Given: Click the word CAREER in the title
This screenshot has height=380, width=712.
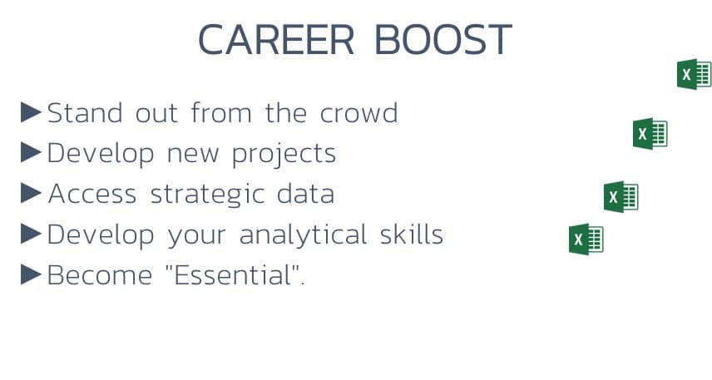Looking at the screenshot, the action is pos(276,40).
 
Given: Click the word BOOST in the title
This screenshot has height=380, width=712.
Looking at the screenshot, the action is pos(443,40).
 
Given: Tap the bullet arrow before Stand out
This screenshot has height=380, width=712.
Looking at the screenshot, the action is pos(31,112).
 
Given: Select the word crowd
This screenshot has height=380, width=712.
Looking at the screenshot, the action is pos(358,112).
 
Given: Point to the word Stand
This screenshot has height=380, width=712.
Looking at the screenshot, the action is pos(85,112).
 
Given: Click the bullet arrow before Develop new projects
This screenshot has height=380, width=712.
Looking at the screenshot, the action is pos(31,152).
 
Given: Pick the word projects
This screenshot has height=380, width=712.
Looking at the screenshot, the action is pos(284,155).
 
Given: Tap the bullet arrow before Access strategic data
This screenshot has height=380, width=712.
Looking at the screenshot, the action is pos(31,193).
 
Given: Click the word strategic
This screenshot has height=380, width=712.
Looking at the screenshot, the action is pos(207,195).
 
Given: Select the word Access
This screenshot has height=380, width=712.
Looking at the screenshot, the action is pos(92,194).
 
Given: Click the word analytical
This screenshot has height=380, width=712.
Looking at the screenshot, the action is pos(303,235).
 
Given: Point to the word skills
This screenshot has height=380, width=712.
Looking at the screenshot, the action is pos(412,234).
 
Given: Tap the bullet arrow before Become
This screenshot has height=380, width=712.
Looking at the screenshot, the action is pos(31,274).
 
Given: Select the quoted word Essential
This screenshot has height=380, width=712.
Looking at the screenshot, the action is pos(235,274).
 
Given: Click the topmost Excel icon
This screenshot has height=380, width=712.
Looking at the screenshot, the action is pos(694,75).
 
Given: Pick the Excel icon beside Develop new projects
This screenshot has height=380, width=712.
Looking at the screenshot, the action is pos(650,134).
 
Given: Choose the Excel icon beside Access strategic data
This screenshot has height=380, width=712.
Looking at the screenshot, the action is pos(621,196).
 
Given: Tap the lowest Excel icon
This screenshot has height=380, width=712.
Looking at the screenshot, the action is pos(586,239).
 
